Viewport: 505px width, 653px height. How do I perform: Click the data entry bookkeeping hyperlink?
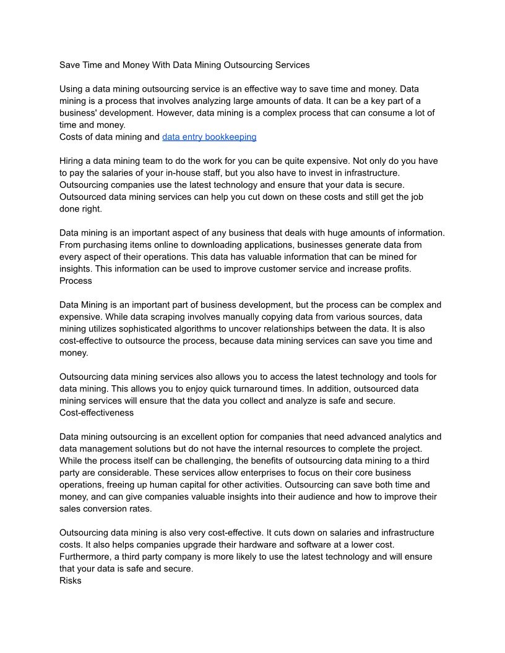point(209,137)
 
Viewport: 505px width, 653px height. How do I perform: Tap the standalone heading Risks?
point(70,581)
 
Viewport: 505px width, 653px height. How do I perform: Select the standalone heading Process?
point(76,281)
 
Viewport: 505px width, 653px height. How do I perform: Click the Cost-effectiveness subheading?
point(97,412)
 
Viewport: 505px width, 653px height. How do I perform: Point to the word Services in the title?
point(291,64)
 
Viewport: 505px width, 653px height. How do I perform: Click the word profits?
point(393,268)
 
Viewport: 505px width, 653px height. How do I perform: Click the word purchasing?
point(105,245)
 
